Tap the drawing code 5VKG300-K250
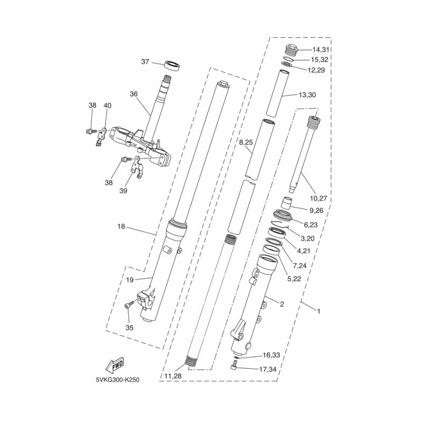click(118, 380)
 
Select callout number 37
click(145, 62)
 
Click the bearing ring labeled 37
click(172, 65)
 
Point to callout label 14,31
click(321, 50)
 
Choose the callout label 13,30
click(308, 95)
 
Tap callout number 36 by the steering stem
click(134, 94)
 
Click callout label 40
click(108, 105)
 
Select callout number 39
click(123, 190)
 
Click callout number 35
click(129, 328)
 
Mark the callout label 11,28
click(172, 376)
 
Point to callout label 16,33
click(271, 355)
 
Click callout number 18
click(121, 226)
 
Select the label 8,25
click(246, 142)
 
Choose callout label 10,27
click(319, 198)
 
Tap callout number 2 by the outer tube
click(282, 304)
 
